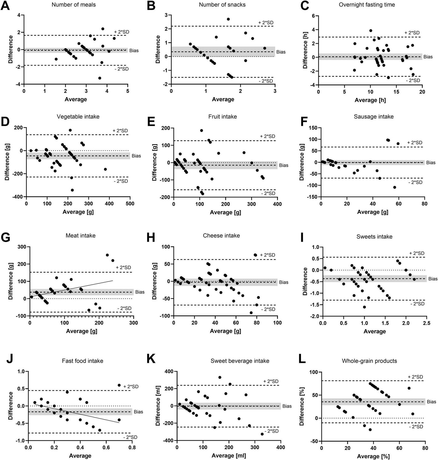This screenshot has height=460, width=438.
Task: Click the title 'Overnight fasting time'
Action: click(x=367, y=5)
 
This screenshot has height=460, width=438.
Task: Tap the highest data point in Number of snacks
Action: click(x=228, y=19)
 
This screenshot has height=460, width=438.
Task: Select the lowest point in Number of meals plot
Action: click(x=100, y=78)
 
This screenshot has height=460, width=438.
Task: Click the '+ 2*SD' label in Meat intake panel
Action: click(x=124, y=267)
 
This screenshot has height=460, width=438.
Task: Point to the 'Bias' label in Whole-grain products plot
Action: click(x=431, y=402)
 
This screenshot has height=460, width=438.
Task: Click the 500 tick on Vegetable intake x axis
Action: click(x=130, y=204)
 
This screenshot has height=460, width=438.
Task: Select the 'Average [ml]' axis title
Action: click(x=229, y=456)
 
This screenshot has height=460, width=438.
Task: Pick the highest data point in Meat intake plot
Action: click(x=107, y=255)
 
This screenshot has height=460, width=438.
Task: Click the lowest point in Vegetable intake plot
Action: click(x=72, y=190)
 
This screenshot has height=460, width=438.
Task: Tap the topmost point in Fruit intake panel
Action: click(x=201, y=130)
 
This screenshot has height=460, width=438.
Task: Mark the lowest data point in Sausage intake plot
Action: click(x=395, y=187)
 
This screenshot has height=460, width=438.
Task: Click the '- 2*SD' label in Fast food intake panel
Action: click(x=130, y=437)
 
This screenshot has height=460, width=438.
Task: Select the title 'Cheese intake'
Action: click(x=221, y=235)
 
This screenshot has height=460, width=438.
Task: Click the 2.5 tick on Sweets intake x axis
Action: click(x=426, y=323)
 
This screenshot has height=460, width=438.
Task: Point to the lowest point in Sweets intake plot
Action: click(x=364, y=307)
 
